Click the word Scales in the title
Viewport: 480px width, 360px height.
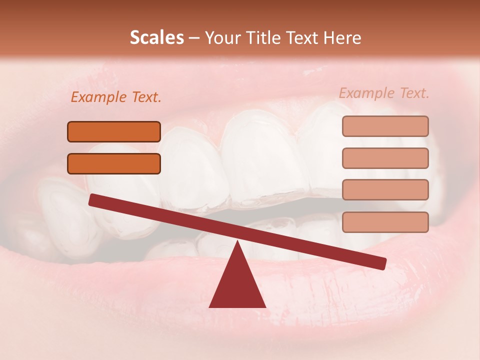tap(156, 38)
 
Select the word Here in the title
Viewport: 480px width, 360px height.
tap(342, 38)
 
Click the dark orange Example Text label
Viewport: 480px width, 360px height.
tap(116, 97)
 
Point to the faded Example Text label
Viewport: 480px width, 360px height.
tap(384, 93)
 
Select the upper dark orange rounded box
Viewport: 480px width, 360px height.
tap(114, 132)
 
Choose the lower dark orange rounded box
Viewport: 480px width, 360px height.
tap(114, 164)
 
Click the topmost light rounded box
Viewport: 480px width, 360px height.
tap(385, 126)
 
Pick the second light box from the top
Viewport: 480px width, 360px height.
tap(385, 158)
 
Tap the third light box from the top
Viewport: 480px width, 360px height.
tap(385, 190)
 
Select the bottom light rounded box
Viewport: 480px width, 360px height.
tap(385, 222)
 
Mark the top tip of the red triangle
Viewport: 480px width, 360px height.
tap(237, 242)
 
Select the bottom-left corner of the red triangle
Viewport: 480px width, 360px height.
tap(210, 306)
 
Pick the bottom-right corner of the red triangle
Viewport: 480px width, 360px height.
tap(265, 306)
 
